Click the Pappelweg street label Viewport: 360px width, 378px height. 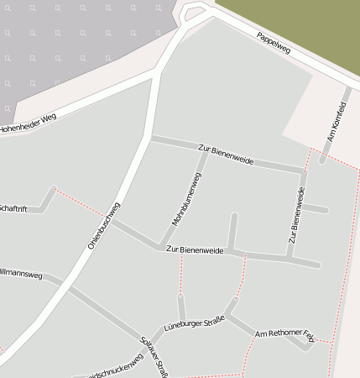point(274,44)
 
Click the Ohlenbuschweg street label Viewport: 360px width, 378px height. point(104,225)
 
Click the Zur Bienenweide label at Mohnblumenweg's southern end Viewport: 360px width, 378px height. point(195,250)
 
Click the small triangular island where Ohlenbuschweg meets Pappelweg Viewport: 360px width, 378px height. point(194,14)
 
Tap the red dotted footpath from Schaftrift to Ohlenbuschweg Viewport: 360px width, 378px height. point(80,202)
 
